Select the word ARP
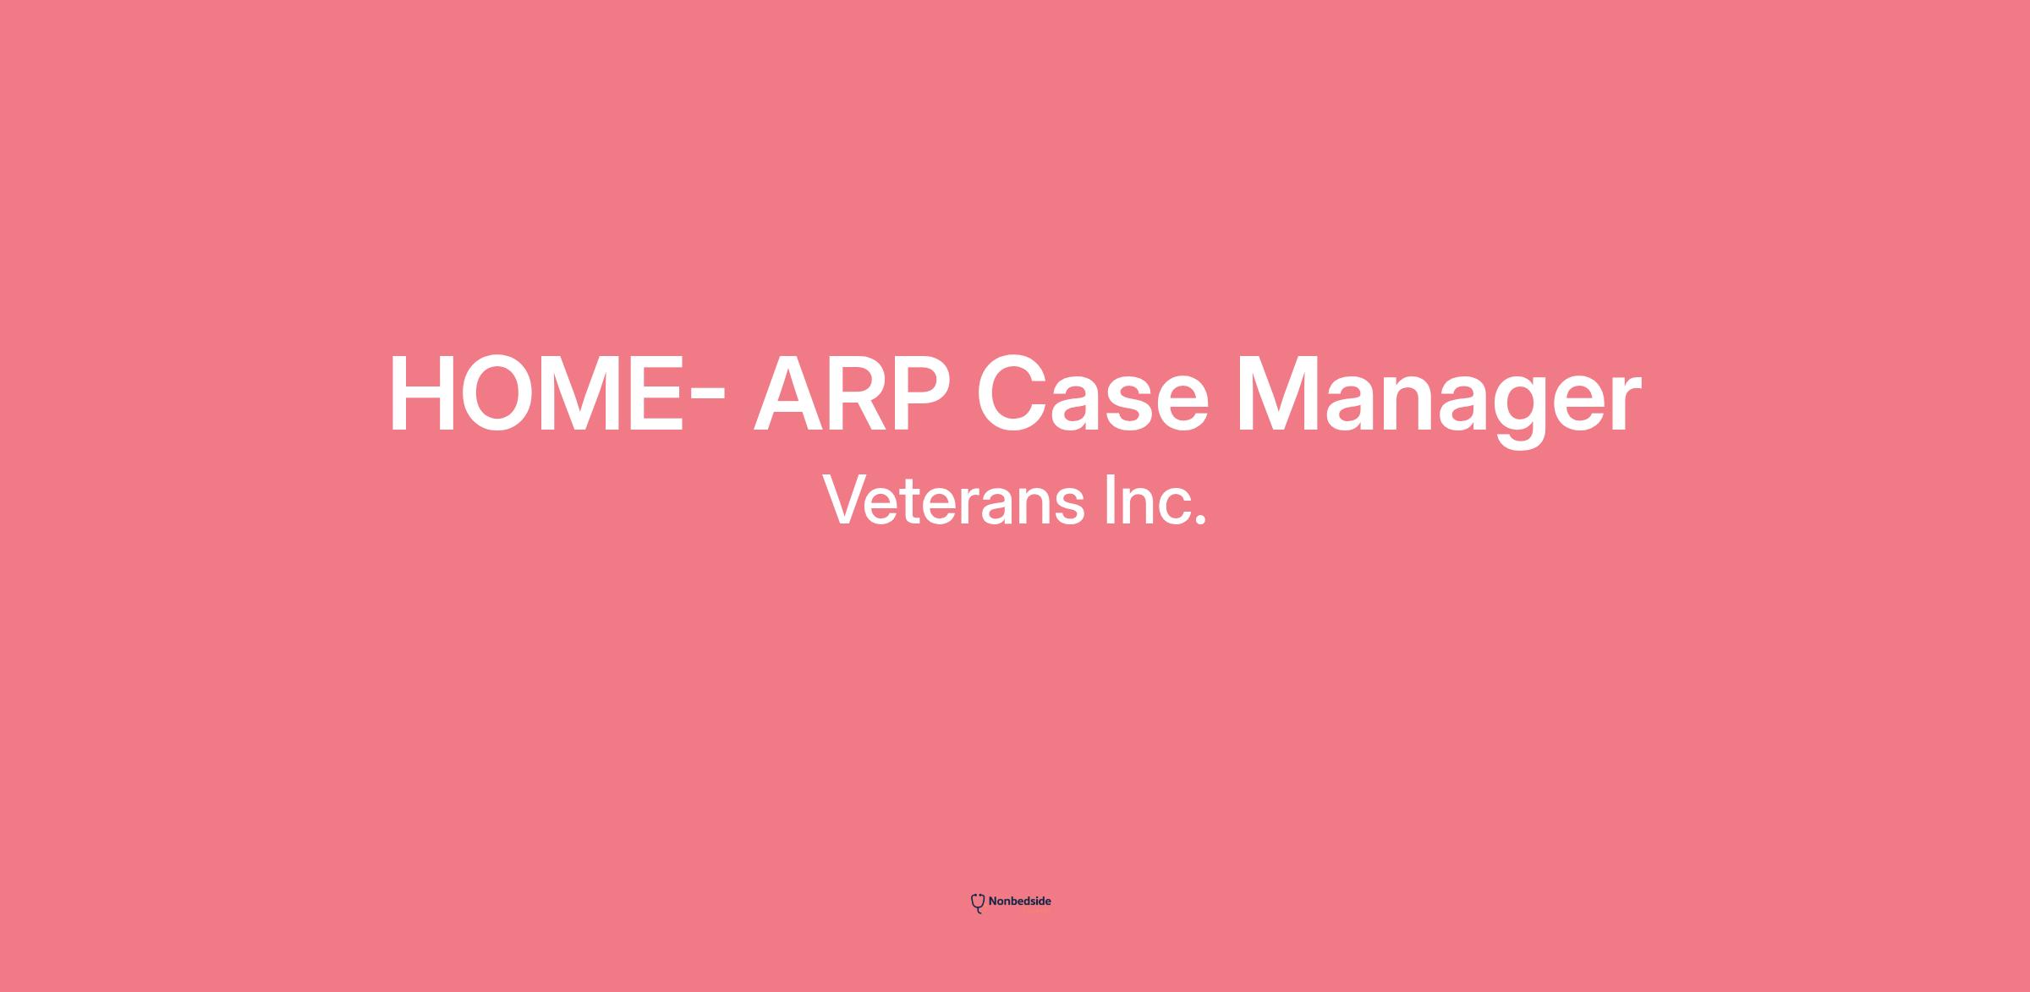tap(853, 395)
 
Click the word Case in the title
tap(1093, 395)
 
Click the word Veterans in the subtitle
tap(953, 500)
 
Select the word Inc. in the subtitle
tap(1155, 500)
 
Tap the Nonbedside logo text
tap(1019, 902)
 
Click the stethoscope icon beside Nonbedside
tap(978, 903)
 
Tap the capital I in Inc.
tap(1110, 500)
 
